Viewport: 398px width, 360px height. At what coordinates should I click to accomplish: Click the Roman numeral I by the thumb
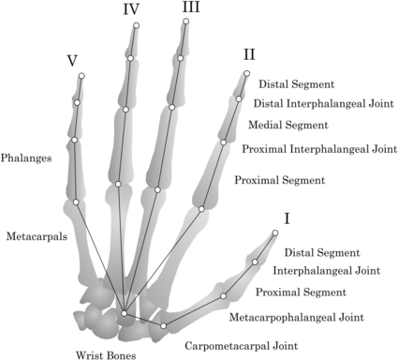(287, 218)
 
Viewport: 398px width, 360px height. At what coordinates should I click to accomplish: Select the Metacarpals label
(36, 237)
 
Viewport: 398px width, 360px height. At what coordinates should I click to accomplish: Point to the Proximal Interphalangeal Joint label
(319, 148)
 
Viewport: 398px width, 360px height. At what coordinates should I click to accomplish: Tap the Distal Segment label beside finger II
(296, 84)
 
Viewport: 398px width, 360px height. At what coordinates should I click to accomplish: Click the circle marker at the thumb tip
(275, 232)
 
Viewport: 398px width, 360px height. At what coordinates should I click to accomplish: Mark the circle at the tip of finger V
(81, 77)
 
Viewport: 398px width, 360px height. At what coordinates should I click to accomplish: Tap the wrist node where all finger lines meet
(124, 312)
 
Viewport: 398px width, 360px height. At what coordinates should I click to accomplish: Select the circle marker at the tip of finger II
(247, 73)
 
